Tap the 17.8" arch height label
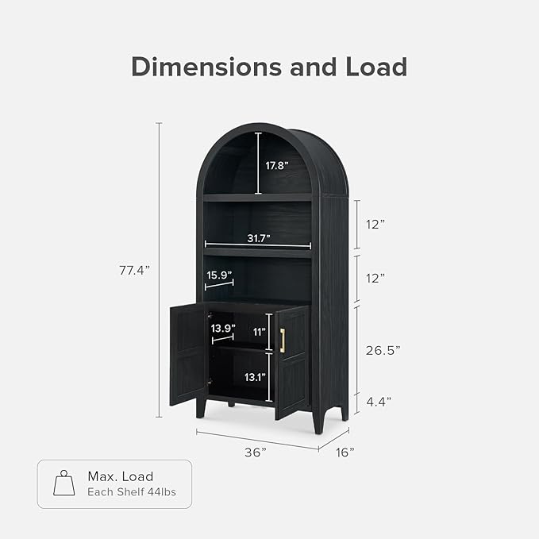(276, 165)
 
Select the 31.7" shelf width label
(258, 237)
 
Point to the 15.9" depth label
(219, 275)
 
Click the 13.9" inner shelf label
(222, 328)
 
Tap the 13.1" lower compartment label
(254, 378)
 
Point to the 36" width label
(254, 452)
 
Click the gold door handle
(282, 340)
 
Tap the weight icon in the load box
(64, 483)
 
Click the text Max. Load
(120, 476)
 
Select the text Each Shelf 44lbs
(132, 492)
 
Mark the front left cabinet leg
(202, 406)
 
